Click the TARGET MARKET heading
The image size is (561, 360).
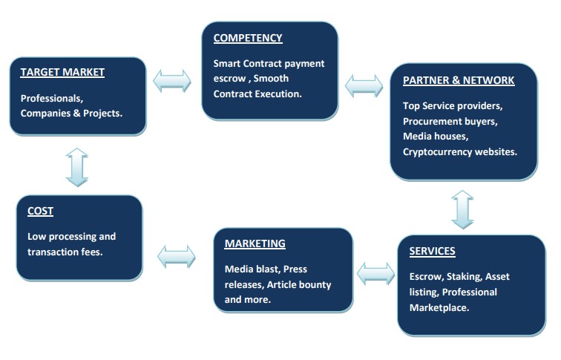pos(62,72)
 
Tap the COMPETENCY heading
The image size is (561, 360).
pos(248,38)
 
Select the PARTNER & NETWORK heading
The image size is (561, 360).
pos(459,80)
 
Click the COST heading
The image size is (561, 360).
pos(40,211)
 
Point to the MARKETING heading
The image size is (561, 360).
pos(255,243)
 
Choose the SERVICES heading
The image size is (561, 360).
pos(432,251)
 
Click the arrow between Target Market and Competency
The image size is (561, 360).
pos(172,81)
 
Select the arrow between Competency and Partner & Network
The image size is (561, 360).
pos(364,86)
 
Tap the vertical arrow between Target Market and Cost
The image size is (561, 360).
pos(77,168)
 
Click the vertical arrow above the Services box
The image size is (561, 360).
pos(462,210)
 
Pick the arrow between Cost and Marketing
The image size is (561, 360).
pos(177,257)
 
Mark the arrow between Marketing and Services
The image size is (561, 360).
pos(376,274)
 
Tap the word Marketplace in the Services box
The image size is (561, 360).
pos(439,308)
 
